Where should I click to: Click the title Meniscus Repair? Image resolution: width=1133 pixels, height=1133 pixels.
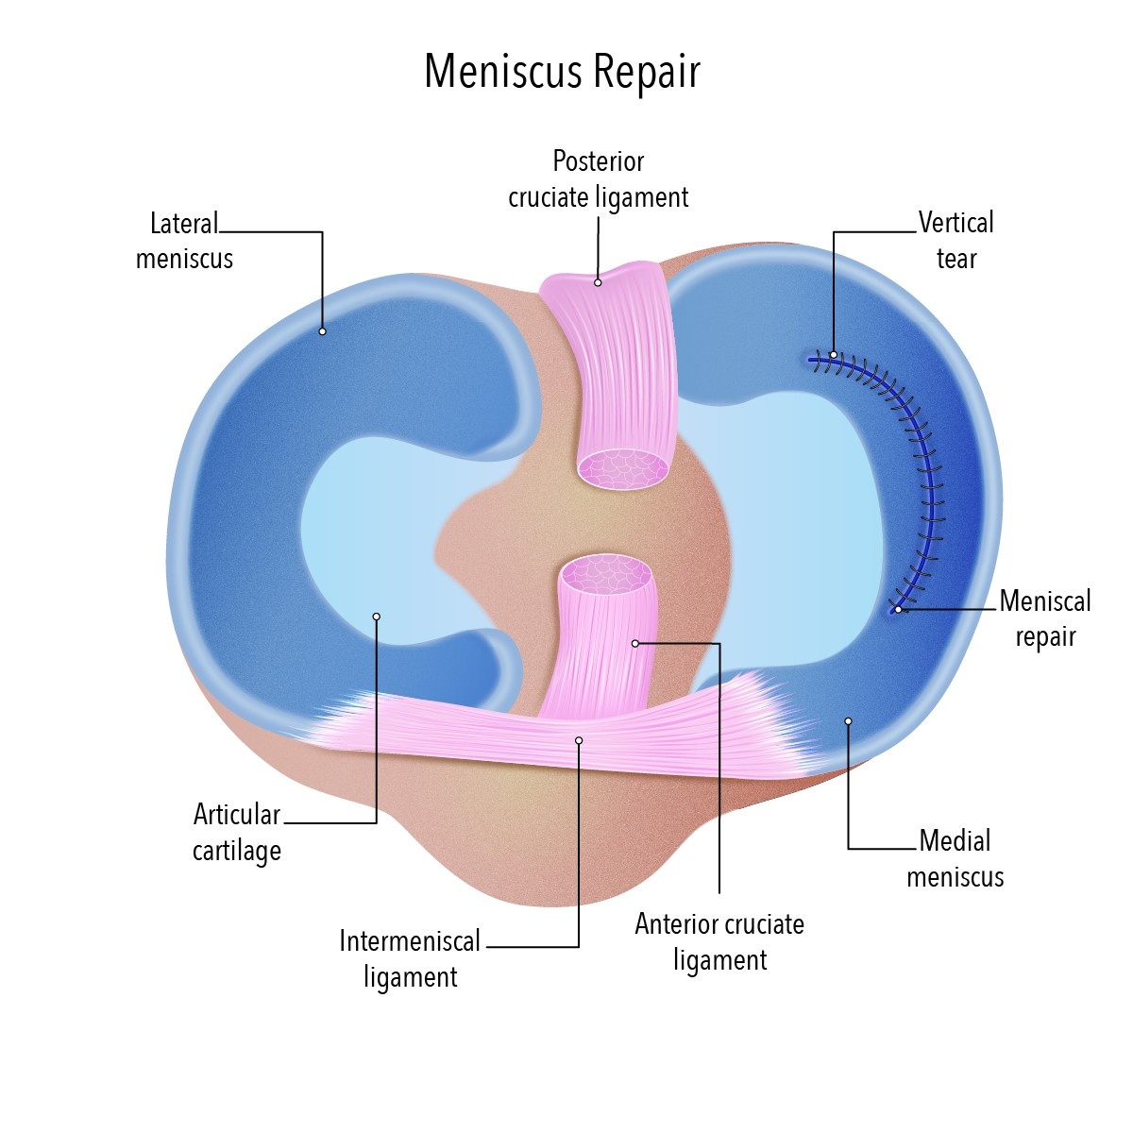point(562,72)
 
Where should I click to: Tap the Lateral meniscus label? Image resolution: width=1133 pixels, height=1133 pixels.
point(184,241)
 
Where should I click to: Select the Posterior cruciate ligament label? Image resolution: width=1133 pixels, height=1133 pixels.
point(599,179)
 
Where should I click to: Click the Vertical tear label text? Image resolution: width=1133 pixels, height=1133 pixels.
point(955,241)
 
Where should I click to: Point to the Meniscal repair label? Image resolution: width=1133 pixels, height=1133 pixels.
point(1044,618)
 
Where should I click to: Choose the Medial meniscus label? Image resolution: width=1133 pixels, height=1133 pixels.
point(955,858)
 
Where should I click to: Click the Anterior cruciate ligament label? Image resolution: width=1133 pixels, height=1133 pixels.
point(719,941)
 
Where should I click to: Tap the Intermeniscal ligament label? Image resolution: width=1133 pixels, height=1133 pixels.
point(410,958)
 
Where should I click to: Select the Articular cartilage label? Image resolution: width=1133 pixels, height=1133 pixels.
point(237,832)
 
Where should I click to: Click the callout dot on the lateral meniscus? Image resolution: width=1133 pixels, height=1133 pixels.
point(322,331)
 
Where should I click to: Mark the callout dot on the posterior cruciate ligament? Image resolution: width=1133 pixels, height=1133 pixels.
point(598,282)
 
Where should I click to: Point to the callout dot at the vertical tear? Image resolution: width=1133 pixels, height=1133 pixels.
point(833,355)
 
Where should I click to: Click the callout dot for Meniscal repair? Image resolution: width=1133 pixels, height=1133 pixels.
point(899,610)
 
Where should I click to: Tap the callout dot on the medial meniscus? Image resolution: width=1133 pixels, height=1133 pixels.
point(848,721)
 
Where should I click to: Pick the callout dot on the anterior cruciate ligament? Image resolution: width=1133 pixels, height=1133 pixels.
point(635,644)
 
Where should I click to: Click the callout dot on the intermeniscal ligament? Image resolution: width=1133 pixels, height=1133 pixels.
point(579,740)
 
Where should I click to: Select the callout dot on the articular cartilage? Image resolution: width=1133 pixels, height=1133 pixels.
point(376,617)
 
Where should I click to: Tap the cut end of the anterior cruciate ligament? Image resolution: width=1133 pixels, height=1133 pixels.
point(605,572)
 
